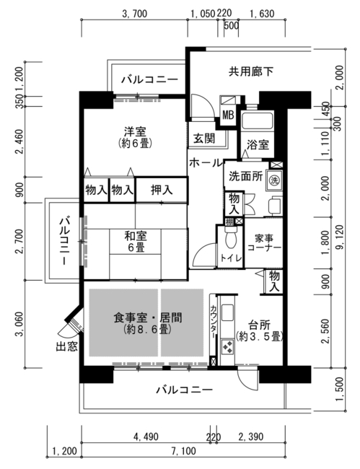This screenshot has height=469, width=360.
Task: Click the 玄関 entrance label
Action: [203, 139]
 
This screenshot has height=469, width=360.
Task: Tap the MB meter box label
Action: [228, 115]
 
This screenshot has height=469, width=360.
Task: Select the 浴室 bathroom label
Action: [258, 145]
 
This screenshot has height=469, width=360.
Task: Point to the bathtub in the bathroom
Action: [258, 120]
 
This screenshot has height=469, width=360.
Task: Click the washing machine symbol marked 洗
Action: [274, 180]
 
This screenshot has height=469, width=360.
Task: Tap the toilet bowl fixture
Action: [230, 238]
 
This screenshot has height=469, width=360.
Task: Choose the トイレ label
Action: [230, 258]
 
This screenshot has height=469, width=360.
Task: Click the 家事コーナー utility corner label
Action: [264, 243]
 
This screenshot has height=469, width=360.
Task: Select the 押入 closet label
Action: [162, 190]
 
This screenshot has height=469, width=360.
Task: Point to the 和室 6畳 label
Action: [136, 242]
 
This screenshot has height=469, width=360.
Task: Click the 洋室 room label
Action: [135, 138]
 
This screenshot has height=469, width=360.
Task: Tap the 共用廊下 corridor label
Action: [251, 71]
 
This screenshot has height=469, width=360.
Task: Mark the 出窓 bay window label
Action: [67, 346]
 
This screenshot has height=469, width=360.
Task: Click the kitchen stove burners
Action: [228, 347]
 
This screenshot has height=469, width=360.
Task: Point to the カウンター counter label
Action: [214, 322]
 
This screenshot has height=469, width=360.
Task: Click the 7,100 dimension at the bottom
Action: [183, 451]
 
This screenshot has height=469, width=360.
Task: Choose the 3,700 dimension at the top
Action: [135, 14]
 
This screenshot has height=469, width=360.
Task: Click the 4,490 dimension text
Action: [146, 437]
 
